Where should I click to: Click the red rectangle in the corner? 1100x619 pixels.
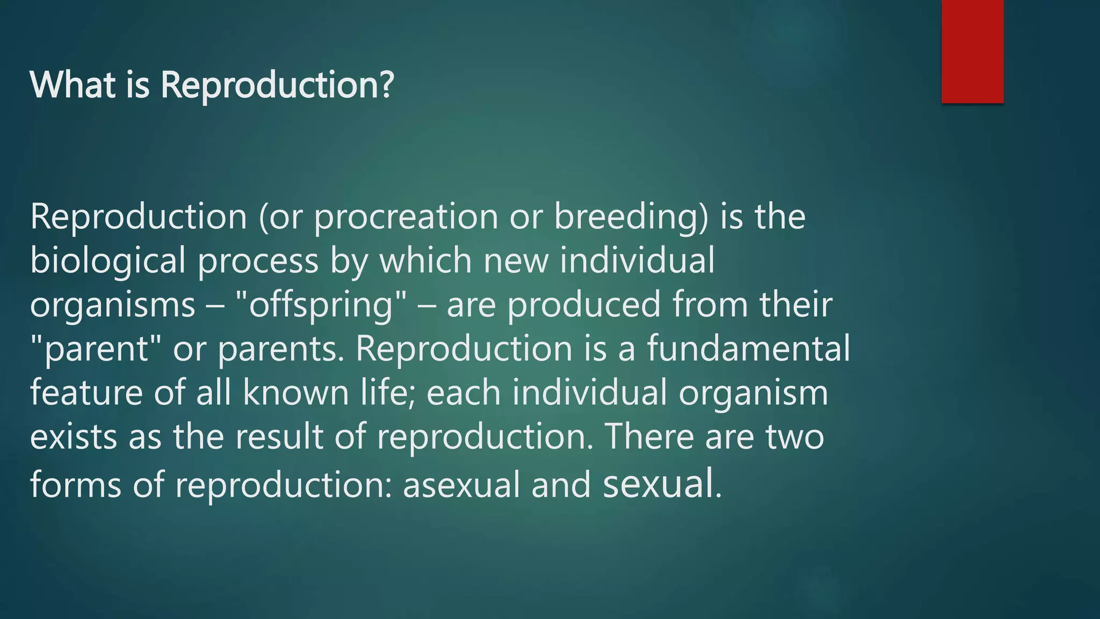point(972,51)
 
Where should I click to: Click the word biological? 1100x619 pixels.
point(107,261)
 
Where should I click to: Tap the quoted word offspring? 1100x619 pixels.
point(321,305)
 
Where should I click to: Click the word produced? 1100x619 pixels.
point(584,305)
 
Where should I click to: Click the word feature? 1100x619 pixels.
point(86,393)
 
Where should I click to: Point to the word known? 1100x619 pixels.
point(296,393)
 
